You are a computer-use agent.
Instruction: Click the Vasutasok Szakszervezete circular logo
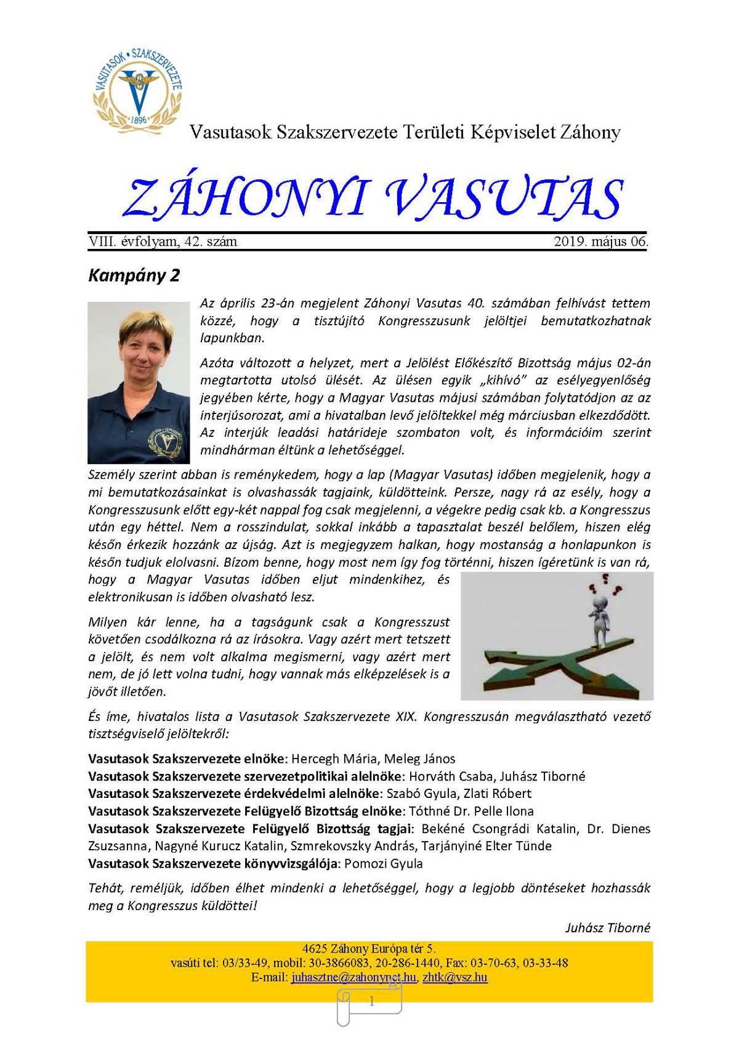[x=138, y=88]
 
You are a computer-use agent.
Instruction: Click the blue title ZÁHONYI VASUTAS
[x=373, y=198]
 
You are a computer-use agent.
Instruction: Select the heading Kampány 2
[x=134, y=275]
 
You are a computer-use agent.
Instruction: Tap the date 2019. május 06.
[x=600, y=242]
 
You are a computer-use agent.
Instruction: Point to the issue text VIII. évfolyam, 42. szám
[x=163, y=242]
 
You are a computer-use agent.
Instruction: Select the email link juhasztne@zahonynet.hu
[x=353, y=977]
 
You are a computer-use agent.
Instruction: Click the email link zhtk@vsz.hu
[x=455, y=977]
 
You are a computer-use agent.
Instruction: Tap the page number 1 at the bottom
[x=371, y=1002]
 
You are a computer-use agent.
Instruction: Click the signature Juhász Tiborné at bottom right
[x=607, y=927]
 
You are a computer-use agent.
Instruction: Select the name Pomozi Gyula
[x=384, y=864]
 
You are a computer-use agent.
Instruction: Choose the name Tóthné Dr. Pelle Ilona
[x=472, y=811]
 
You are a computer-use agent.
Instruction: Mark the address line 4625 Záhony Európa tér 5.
[x=369, y=949]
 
